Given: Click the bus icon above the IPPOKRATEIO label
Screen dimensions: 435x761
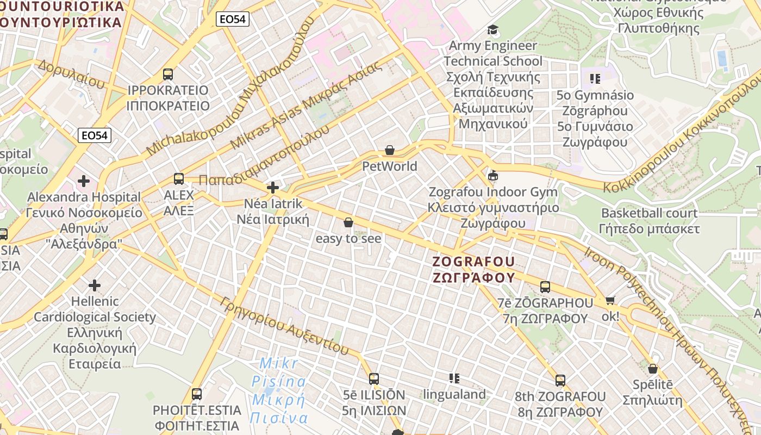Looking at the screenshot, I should [x=168, y=74].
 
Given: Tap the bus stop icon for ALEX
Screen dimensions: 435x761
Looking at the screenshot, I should [x=178, y=178].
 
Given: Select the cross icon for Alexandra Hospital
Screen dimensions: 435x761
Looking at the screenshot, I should [x=84, y=181].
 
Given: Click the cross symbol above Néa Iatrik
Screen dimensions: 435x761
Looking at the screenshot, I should [x=273, y=188].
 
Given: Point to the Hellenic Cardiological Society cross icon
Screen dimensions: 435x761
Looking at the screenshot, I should [x=95, y=285].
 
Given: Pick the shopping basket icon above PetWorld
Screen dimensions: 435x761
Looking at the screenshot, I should [x=390, y=150].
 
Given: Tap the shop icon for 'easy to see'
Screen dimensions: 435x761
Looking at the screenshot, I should [x=348, y=222].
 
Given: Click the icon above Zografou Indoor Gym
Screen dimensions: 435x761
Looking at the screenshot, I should [x=493, y=175].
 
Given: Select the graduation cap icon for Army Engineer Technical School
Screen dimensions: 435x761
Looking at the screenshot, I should [x=493, y=29].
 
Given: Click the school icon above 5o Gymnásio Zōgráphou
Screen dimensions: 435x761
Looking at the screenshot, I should [x=595, y=79].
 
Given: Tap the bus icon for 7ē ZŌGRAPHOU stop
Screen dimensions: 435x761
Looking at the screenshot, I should [x=545, y=287].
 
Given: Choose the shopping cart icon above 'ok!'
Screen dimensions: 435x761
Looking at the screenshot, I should [x=610, y=300].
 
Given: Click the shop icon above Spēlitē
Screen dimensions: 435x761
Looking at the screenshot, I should [x=653, y=369].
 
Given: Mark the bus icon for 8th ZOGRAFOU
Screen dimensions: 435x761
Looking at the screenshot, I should [x=560, y=380].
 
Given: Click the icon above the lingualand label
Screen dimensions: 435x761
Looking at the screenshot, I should [x=454, y=378].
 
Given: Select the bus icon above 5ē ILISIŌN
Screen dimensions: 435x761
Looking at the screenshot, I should [x=374, y=378].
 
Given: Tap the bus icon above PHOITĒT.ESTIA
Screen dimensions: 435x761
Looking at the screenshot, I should [x=197, y=394].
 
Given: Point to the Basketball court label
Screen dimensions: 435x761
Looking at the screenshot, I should [x=649, y=213].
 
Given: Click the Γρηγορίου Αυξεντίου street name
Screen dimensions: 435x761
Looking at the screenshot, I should [x=285, y=325].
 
